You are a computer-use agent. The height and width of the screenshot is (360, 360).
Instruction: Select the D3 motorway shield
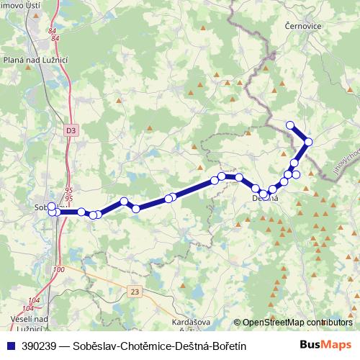(70, 130)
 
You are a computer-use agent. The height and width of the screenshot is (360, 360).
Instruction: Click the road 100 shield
(59, 269)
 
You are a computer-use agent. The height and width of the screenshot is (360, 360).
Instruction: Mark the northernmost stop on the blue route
(290, 125)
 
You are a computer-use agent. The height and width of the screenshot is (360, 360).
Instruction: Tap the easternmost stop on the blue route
(308, 142)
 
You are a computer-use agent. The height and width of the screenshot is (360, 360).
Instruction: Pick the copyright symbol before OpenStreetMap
(238, 323)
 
